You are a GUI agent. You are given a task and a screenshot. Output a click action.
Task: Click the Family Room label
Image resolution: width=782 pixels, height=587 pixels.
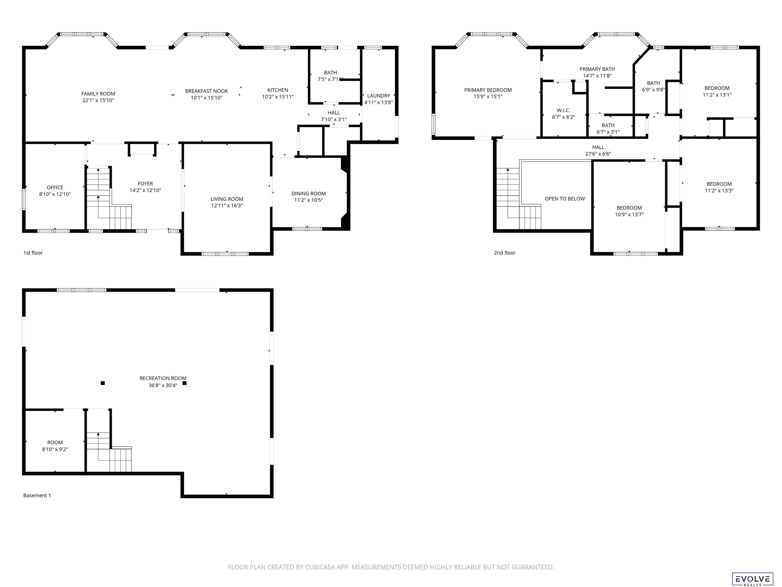98,94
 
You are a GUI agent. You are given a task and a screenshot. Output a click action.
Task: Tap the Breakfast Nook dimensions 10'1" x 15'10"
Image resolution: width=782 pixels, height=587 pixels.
206,98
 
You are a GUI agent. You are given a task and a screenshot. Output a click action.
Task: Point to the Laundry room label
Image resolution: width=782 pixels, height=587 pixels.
379,96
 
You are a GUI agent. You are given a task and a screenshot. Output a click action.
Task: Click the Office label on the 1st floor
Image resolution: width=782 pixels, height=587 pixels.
55,188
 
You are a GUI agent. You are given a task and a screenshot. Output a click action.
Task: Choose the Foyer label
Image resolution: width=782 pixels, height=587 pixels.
145,184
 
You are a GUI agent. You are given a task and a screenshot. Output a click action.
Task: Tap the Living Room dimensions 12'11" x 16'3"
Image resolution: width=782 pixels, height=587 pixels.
227,206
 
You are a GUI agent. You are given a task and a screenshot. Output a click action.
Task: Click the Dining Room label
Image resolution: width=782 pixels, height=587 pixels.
309,194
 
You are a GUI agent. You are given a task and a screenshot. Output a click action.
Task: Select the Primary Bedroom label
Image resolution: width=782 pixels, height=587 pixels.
488,90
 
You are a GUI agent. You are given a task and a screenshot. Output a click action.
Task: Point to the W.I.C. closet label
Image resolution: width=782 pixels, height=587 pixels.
564,110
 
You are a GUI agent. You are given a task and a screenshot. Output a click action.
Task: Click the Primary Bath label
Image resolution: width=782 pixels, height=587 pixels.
597,69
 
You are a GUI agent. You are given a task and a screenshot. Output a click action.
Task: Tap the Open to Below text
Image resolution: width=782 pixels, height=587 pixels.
565,198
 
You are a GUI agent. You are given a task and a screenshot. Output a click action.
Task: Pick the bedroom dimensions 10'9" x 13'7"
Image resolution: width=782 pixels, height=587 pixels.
629,215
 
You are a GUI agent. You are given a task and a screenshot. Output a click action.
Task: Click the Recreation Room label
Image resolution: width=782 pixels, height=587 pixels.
163,378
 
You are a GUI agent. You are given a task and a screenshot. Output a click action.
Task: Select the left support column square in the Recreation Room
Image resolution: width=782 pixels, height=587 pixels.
103,383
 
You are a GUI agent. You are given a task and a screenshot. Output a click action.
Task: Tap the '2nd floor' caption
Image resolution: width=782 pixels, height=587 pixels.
505,253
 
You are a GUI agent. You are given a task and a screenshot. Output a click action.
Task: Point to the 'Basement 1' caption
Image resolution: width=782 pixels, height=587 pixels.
37,495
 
